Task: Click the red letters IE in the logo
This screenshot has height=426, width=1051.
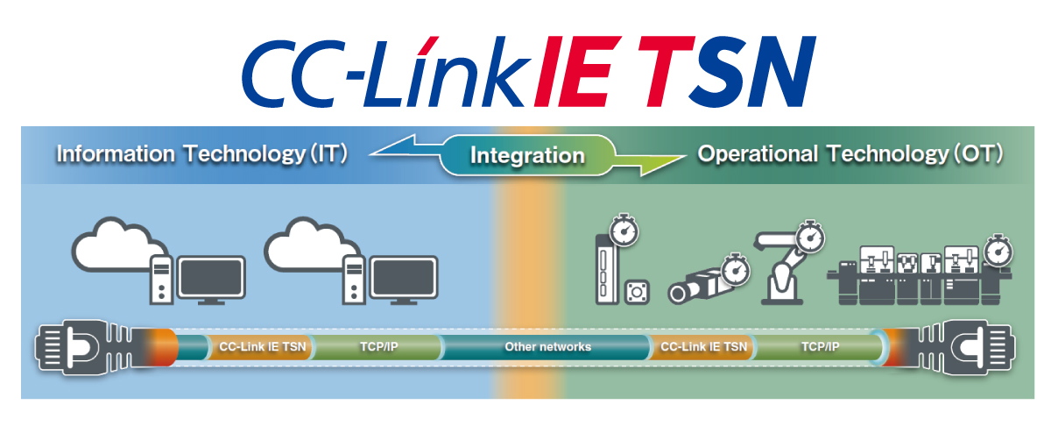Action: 577,71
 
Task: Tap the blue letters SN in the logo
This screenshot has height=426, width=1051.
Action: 752,71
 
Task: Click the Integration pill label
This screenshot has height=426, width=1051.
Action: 527,155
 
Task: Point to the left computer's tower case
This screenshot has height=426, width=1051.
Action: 161,280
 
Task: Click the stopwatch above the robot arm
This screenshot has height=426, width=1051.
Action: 810,237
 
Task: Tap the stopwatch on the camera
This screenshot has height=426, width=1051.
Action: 735,269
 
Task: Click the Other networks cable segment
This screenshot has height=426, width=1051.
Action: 547,347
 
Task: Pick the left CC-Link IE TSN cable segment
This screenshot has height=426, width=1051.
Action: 261,347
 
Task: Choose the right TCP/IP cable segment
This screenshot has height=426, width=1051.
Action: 819,347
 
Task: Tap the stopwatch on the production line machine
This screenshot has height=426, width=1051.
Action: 998,251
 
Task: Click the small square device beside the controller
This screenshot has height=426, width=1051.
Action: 638,292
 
